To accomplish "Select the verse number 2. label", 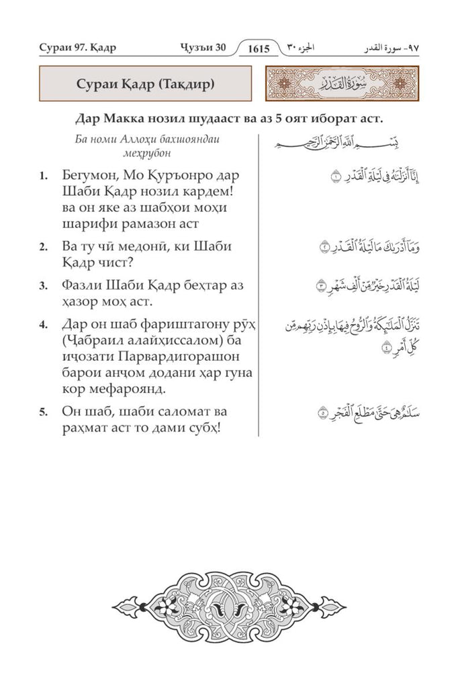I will [44, 247].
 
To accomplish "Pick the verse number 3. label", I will [44, 286].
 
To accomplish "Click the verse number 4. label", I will [44, 325].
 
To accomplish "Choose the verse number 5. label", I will [44, 413].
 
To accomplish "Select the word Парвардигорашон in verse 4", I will [185, 357].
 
